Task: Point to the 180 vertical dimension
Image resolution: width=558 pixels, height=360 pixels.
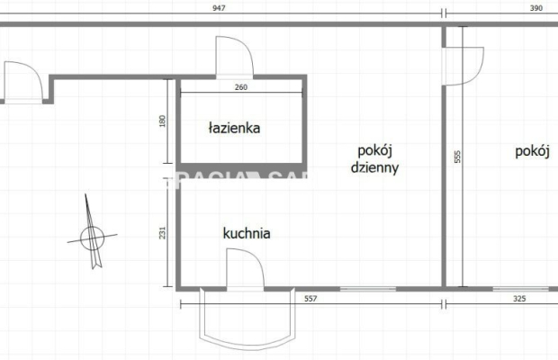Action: click(x=163, y=120)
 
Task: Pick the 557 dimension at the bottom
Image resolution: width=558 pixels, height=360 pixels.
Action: click(x=310, y=298)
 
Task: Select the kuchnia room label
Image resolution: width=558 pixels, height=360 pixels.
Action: click(x=247, y=234)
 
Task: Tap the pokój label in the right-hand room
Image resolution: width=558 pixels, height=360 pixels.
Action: click(x=533, y=151)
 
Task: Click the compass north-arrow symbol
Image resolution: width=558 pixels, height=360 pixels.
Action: click(x=91, y=235)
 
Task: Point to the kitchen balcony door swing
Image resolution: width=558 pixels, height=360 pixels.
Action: click(x=244, y=269)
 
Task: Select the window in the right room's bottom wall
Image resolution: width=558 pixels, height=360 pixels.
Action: click(x=517, y=288)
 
